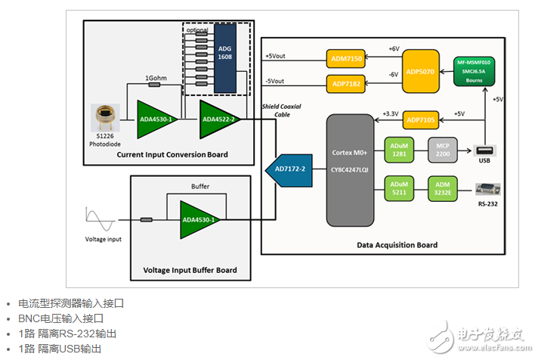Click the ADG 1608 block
coord(225,57)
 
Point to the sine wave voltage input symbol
coord(100,222)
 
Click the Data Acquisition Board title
coord(397,245)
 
